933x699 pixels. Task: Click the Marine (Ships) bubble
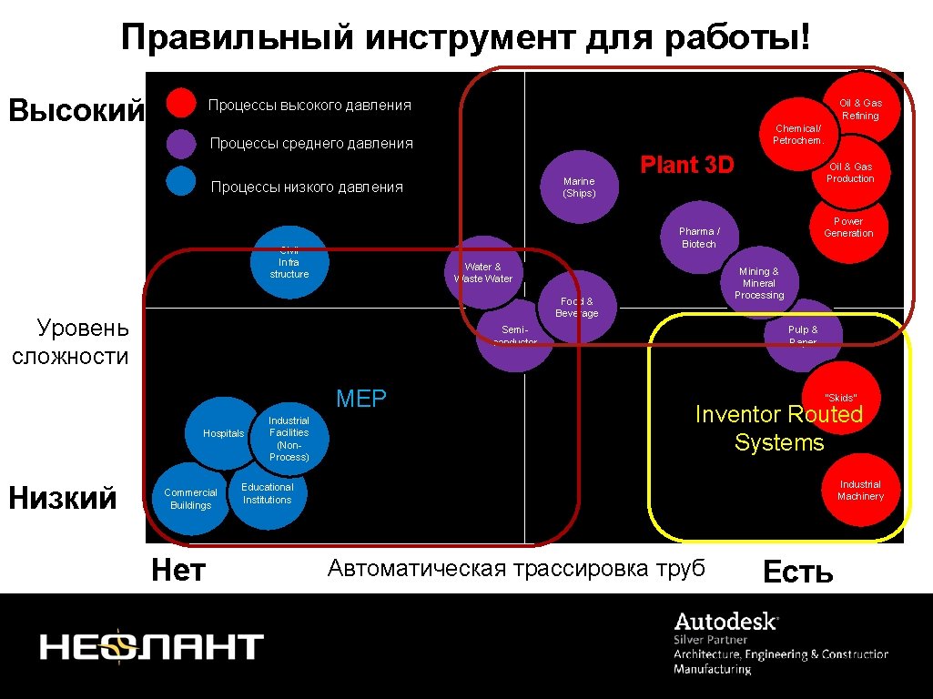(x=579, y=187)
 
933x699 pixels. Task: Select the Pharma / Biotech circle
(x=698, y=238)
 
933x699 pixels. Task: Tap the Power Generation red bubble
(x=848, y=228)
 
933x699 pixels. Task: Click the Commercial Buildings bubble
(x=190, y=499)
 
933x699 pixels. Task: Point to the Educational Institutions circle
(x=267, y=493)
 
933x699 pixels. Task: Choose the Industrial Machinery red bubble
(x=860, y=490)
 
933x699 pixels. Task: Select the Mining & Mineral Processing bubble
(x=759, y=283)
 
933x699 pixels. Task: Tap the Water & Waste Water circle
(x=483, y=273)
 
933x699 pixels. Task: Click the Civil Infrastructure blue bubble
(x=289, y=263)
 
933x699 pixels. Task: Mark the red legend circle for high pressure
(x=182, y=104)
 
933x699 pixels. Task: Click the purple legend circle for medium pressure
(x=181, y=143)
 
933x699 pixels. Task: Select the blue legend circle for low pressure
(x=181, y=181)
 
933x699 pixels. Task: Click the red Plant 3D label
(x=687, y=165)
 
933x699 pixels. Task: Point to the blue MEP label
(x=361, y=399)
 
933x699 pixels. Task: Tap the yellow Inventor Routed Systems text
(x=778, y=429)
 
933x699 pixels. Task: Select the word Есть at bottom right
(x=797, y=572)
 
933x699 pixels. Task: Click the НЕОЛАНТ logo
(x=151, y=647)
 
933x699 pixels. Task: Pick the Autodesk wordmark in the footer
(x=725, y=623)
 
